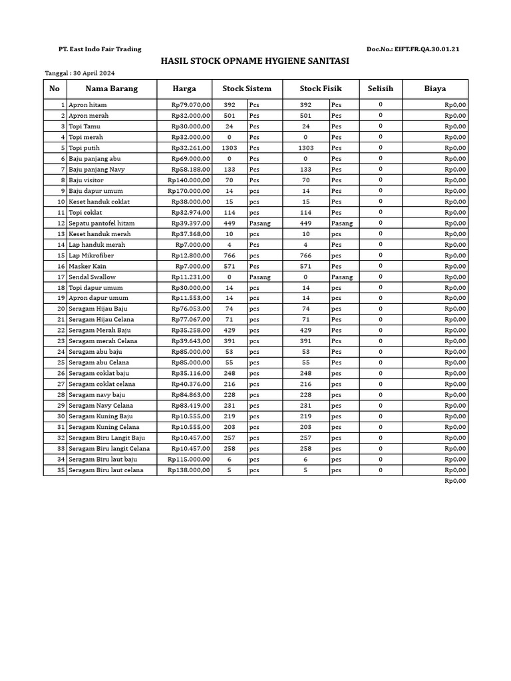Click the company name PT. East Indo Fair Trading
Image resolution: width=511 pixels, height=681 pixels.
(x=100, y=49)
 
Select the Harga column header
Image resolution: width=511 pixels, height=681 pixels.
(x=184, y=88)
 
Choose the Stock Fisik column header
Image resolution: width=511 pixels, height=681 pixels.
(x=320, y=88)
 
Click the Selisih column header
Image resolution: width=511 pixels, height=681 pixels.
(x=381, y=88)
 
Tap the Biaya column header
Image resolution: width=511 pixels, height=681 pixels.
(x=435, y=88)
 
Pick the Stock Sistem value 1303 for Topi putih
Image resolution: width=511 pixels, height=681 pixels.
(x=230, y=148)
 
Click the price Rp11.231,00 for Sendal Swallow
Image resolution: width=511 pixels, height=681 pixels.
(x=191, y=277)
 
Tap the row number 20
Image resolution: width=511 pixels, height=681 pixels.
(x=61, y=309)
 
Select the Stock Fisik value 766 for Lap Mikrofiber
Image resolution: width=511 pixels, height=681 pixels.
(x=305, y=255)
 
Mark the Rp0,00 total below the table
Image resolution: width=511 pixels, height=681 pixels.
(x=456, y=481)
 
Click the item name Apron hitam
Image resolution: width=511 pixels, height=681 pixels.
(x=88, y=105)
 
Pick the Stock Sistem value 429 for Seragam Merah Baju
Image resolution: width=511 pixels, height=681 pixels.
(x=230, y=331)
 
